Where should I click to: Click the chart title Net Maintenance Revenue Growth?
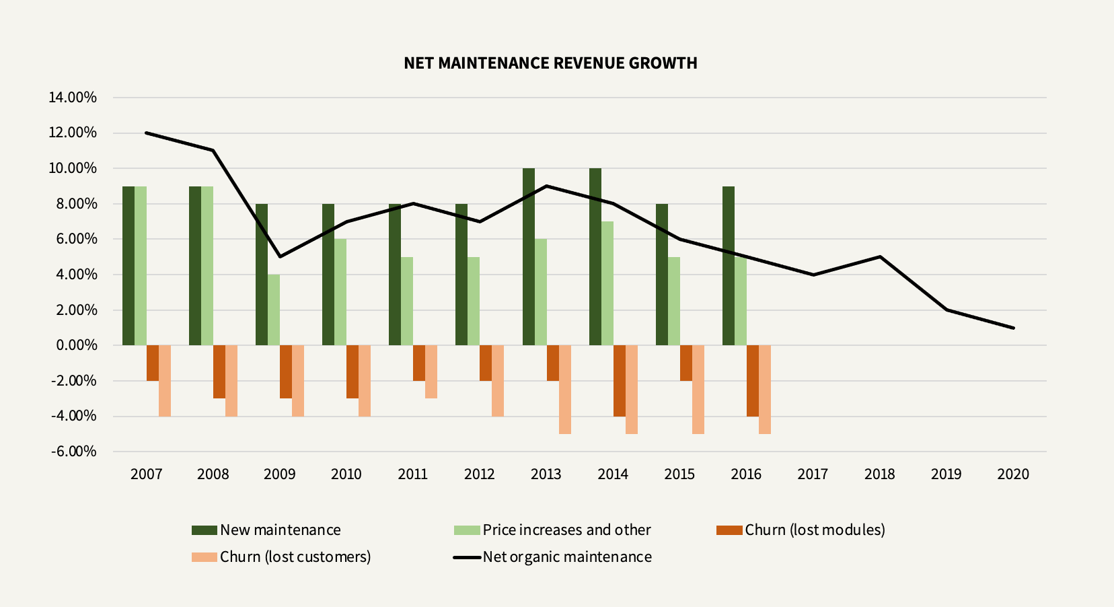(x=550, y=63)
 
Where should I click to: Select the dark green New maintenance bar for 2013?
(x=529, y=256)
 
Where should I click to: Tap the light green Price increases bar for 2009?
(x=274, y=310)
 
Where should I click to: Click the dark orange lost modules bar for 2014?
(x=620, y=380)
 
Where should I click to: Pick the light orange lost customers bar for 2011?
(x=431, y=371)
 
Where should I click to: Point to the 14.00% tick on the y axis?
(x=73, y=98)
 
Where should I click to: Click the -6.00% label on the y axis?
(x=73, y=452)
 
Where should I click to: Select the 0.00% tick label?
(x=76, y=345)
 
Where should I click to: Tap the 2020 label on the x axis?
(x=1012, y=474)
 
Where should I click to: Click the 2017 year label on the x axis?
(x=813, y=474)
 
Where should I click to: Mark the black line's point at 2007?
(x=147, y=133)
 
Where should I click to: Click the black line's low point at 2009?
(x=280, y=256)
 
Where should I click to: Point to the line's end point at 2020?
(x=1012, y=328)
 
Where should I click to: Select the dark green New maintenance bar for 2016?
(x=729, y=266)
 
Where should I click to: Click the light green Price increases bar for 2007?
(x=141, y=266)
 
